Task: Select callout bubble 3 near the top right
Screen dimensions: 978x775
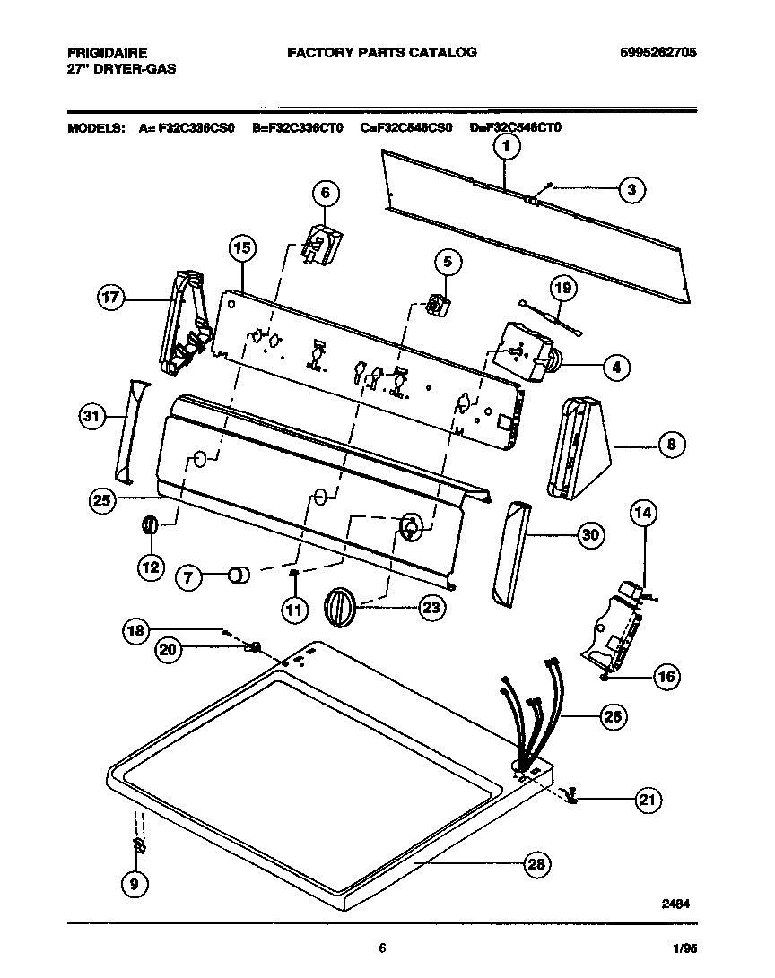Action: tap(631, 189)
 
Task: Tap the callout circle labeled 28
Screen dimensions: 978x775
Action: tap(536, 864)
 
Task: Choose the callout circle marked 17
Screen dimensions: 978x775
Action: tap(111, 299)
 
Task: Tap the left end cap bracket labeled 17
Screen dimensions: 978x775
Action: tap(184, 323)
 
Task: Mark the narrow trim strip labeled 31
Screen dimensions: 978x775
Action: tap(128, 428)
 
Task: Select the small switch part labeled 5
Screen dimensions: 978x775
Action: tap(438, 306)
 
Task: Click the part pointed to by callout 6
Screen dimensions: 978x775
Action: tap(321, 245)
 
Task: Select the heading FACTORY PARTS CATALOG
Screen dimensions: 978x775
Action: tap(381, 53)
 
